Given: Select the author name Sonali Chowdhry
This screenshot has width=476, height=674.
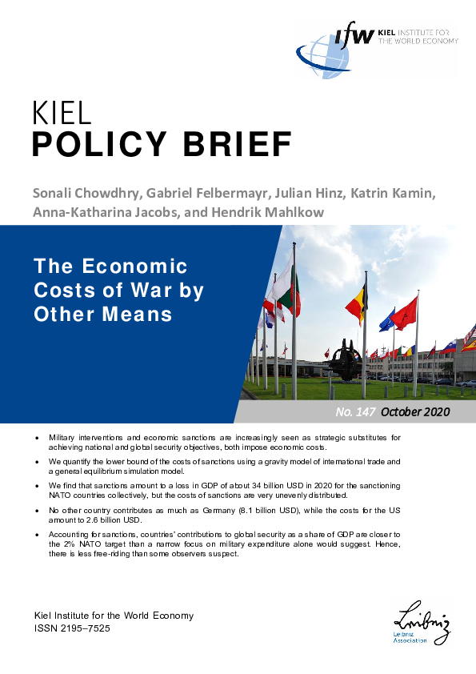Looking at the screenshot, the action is pos(83,194).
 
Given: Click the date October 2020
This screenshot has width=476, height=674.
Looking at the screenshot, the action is pos(415,411).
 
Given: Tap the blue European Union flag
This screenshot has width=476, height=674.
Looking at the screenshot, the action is pos(386,320).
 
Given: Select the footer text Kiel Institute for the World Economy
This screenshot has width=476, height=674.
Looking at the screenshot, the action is pos(113,616).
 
